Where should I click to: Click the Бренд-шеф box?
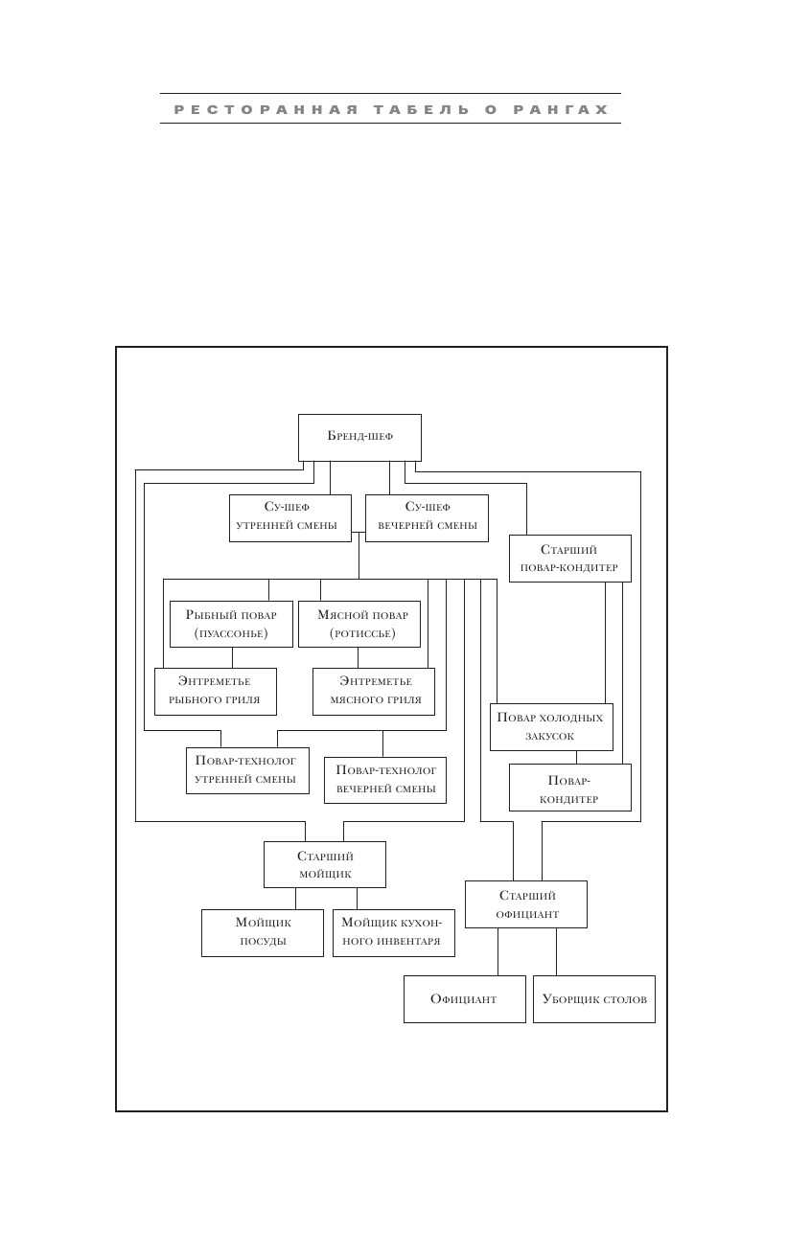[359, 438]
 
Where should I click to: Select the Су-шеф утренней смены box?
[290, 518]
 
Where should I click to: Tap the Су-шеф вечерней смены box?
[427, 518]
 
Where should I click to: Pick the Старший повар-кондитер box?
[569, 559]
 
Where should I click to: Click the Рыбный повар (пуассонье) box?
[231, 624]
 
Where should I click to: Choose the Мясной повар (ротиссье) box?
[359, 624]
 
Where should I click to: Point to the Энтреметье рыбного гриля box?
[216, 692]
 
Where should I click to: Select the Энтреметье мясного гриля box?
[374, 692]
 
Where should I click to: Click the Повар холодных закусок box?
[551, 727]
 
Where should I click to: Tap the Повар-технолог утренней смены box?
[247, 770]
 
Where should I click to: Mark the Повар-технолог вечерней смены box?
[385, 780]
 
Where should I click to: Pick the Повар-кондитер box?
[569, 788]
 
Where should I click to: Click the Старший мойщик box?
[324, 864]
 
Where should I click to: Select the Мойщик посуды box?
[262, 932]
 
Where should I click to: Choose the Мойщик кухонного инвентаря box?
[393, 932]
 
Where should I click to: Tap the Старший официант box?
[526, 904]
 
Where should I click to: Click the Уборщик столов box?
[594, 999]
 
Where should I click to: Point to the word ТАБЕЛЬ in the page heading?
[422, 109]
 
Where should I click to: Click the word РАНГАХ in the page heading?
[561, 109]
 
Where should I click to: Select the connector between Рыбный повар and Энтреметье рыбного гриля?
[232, 657]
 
